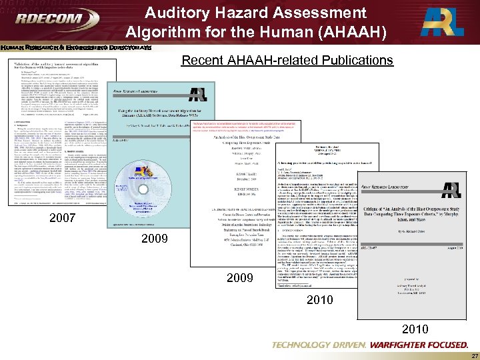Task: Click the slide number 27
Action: (469, 355)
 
